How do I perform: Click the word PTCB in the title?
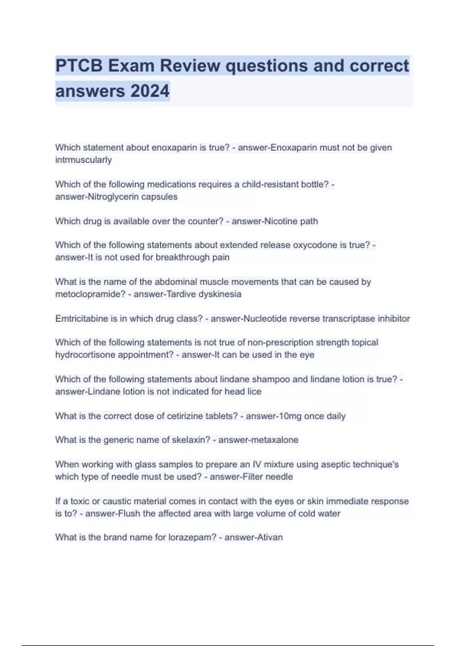pyautogui.click(x=79, y=66)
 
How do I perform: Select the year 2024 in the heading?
pyautogui.click(x=150, y=91)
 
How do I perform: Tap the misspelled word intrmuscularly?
pyautogui.click(x=84, y=160)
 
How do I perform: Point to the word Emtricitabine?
pyautogui.click(x=82, y=318)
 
